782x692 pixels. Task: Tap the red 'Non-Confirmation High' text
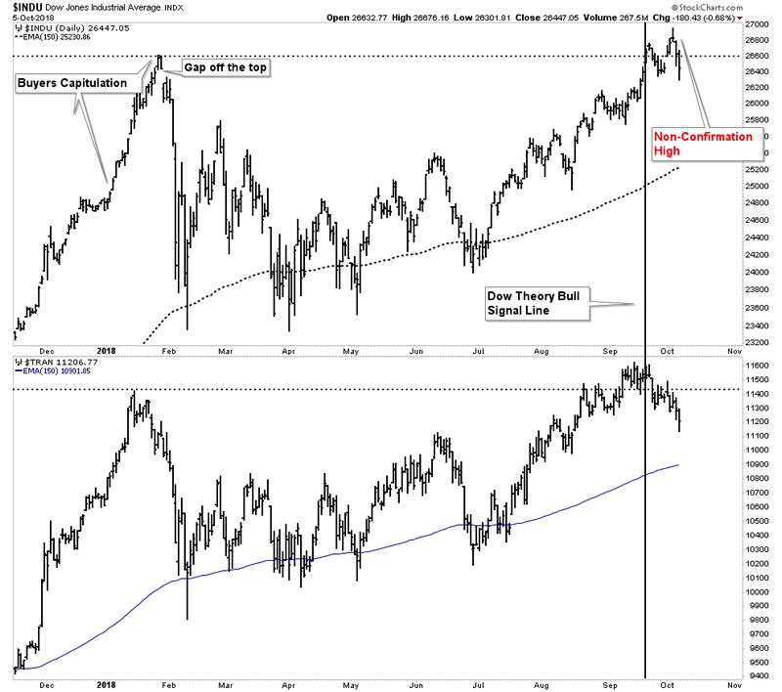pos(704,144)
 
